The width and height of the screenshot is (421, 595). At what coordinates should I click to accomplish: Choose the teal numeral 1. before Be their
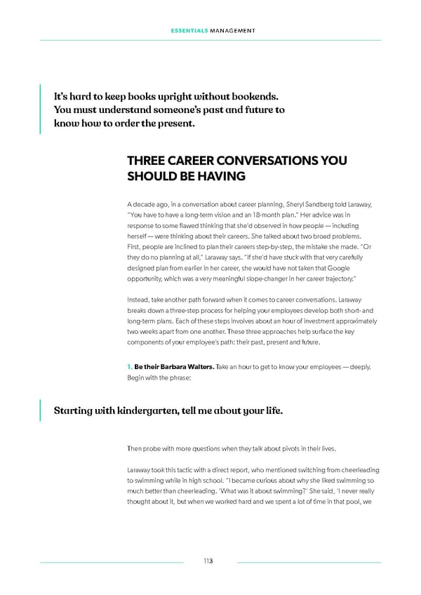[130, 367]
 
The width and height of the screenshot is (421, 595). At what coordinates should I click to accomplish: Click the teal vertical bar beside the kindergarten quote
[41, 410]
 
